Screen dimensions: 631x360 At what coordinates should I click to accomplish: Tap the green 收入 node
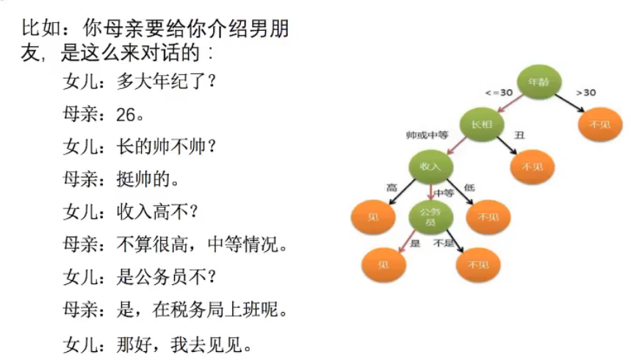[x=430, y=166]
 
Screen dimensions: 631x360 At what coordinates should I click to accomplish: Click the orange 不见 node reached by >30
[x=600, y=124]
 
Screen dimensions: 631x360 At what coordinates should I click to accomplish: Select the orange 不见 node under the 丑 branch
[x=533, y=167]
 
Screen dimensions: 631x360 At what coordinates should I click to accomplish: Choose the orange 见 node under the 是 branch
[x=383, y=263]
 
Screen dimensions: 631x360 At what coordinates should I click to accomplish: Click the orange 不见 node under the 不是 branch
[x=478, y=264]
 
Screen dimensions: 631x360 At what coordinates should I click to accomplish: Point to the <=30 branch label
[x=498, y=93]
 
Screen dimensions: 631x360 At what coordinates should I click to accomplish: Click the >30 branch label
[x=585, y=93]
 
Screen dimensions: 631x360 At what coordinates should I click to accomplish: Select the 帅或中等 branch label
[x=427, y=135]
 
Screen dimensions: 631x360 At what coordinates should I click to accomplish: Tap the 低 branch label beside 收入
[x=469, y=188]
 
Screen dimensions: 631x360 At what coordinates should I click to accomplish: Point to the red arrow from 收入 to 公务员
[x=430, y=190]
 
